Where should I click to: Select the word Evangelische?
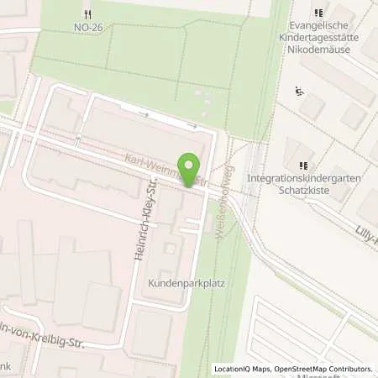click(x=317, y=27)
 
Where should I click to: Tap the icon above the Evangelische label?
click(x=318, y=13)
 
